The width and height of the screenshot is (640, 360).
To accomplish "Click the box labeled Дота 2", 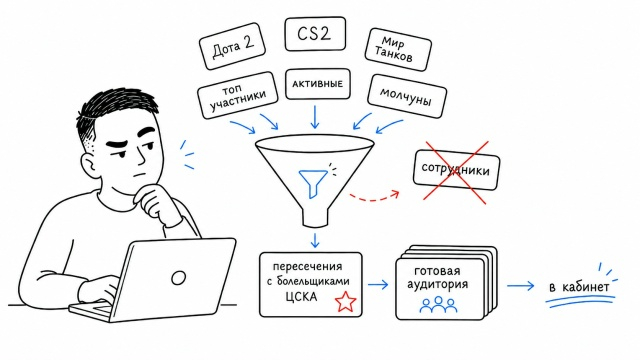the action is click(x=232, y=47).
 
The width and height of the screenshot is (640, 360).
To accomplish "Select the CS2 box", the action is click(x=315, y=34).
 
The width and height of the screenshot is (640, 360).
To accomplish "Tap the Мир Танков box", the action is click(x=397, y=49).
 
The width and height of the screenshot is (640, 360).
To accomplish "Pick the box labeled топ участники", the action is click(x=238, y=96).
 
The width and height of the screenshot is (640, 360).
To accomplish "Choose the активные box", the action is click(x=318, y=84).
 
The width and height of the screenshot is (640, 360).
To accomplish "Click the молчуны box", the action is click(x=407, y=96).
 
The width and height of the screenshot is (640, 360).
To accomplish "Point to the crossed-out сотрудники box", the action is click(x=456, y=169).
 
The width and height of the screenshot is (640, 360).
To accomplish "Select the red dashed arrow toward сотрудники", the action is click(x=375, y=197).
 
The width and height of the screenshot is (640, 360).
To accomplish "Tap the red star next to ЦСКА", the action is click(x=345, y=302).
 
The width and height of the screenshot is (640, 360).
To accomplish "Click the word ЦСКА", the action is click(x=301, y=297).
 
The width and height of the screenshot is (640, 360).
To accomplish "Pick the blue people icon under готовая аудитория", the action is click(x=438, y=304).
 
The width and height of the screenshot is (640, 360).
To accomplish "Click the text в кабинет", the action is click(x=579, y=287).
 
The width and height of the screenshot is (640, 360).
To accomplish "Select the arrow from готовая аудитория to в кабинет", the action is click(x=520, y=286).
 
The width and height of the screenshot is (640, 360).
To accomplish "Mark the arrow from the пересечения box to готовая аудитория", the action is click(x=378, y=284).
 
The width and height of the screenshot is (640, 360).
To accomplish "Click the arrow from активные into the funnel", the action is click(x=315, y=117).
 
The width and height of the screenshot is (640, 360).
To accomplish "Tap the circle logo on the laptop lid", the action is click(x=178, y=278).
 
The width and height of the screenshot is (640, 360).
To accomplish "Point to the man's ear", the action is click(x=89, y=166).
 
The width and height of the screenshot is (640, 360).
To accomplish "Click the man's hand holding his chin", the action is click(x=156, y=203).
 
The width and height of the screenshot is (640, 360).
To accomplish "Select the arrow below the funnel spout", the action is click(x=315, y=240).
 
